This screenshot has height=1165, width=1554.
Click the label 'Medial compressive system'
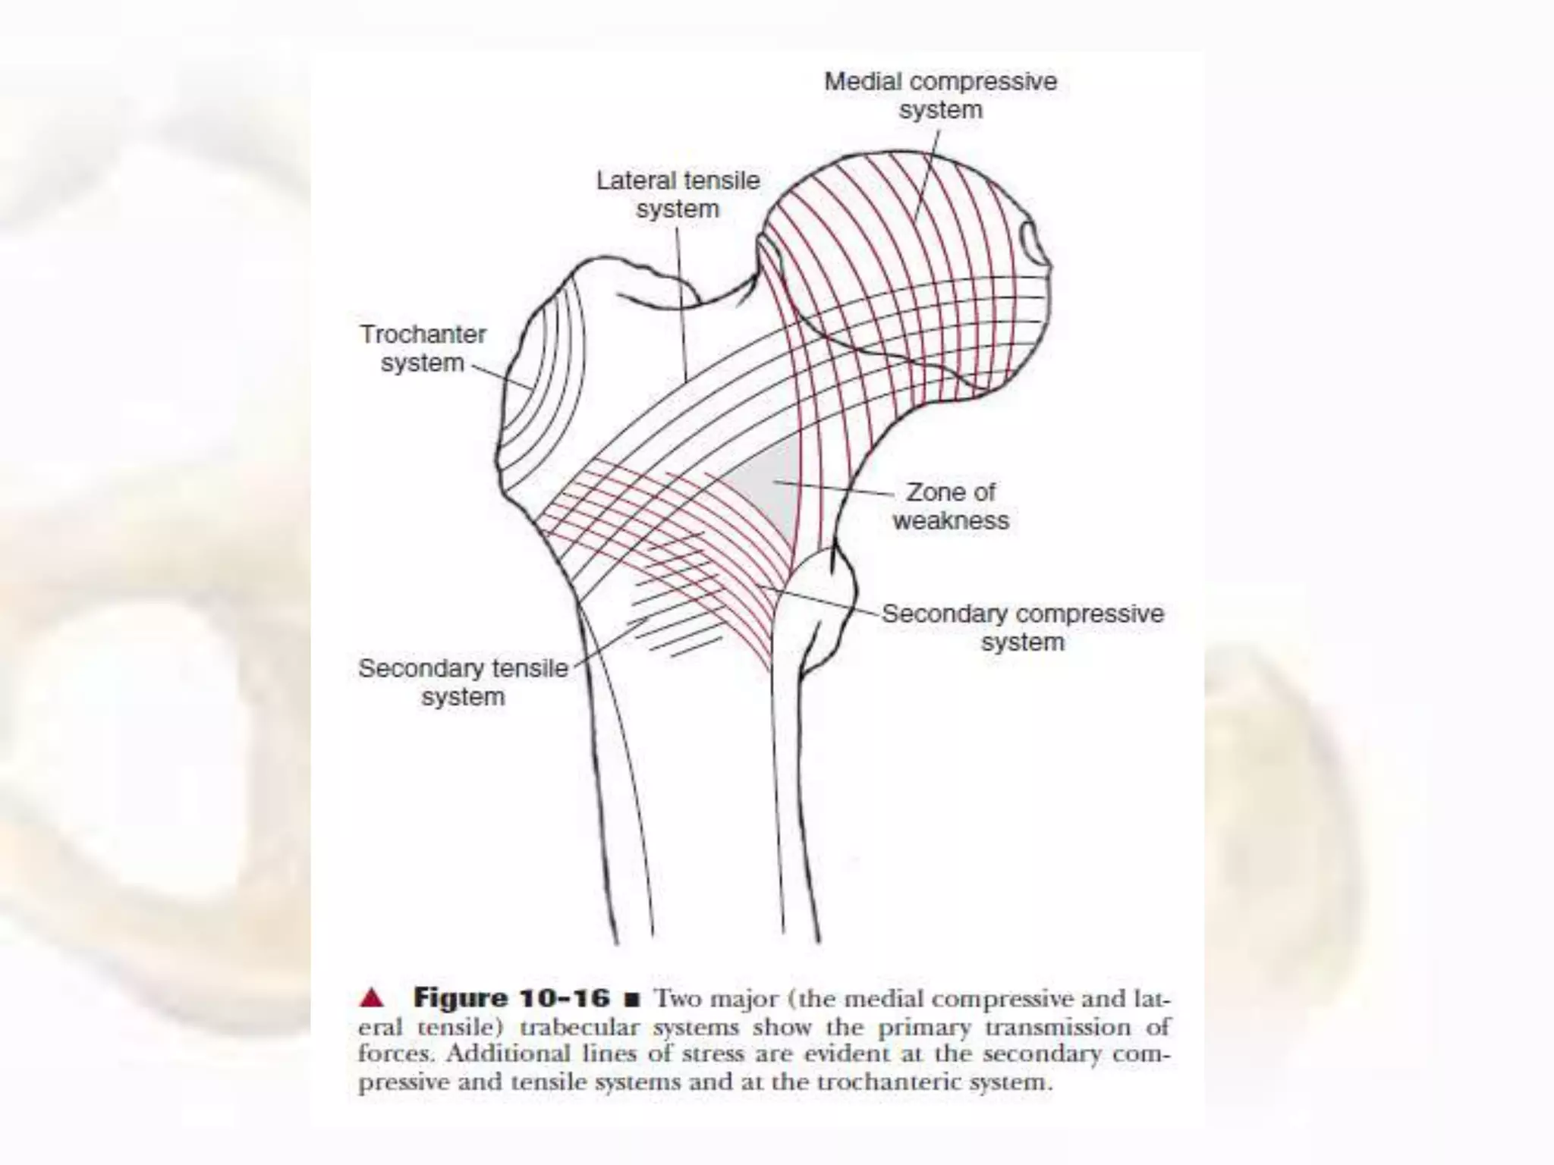940,96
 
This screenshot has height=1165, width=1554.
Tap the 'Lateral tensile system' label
678,194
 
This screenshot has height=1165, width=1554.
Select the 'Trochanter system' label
423,348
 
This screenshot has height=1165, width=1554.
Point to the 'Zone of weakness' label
951,506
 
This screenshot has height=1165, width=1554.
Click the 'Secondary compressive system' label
1022,627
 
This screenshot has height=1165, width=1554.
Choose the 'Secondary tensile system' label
463,682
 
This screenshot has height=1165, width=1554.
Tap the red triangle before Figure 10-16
372,998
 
